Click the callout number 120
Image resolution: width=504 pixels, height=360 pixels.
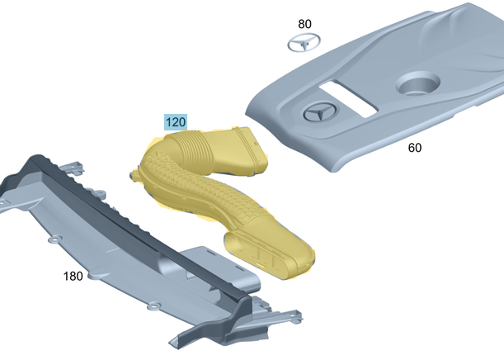(176, 122)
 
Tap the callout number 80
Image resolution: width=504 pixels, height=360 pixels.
(304, 24)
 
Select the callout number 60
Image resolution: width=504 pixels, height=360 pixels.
(415, 148)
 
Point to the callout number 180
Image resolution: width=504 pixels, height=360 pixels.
(73, 276)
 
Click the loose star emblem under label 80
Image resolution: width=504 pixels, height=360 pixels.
(304, 42)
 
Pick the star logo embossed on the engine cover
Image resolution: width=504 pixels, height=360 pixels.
(320, 112)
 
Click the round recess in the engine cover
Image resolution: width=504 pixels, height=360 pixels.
(417, 83)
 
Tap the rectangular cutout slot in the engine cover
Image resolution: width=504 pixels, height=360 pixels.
(348, 98)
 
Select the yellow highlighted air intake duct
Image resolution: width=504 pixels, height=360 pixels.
(222, 200)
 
